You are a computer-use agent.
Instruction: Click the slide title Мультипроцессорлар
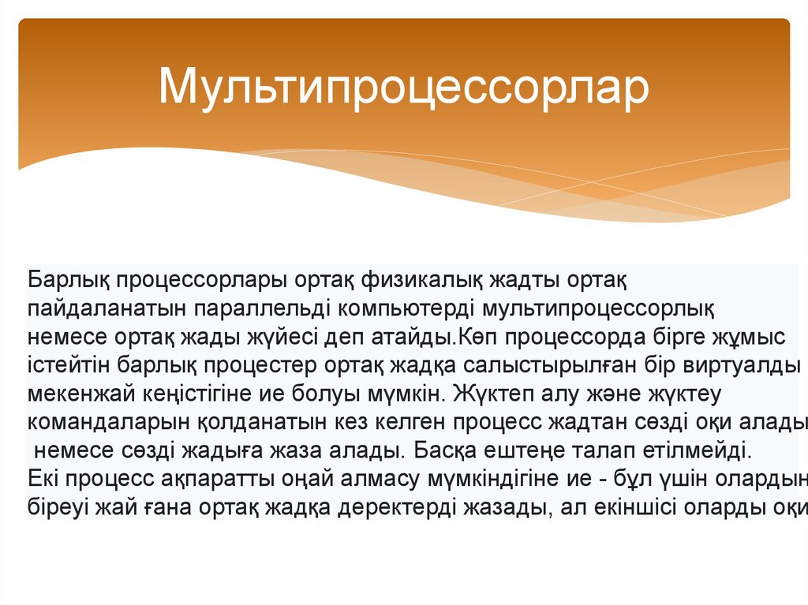tap(403, 86)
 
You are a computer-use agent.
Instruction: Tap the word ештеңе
tap(558, 451)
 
